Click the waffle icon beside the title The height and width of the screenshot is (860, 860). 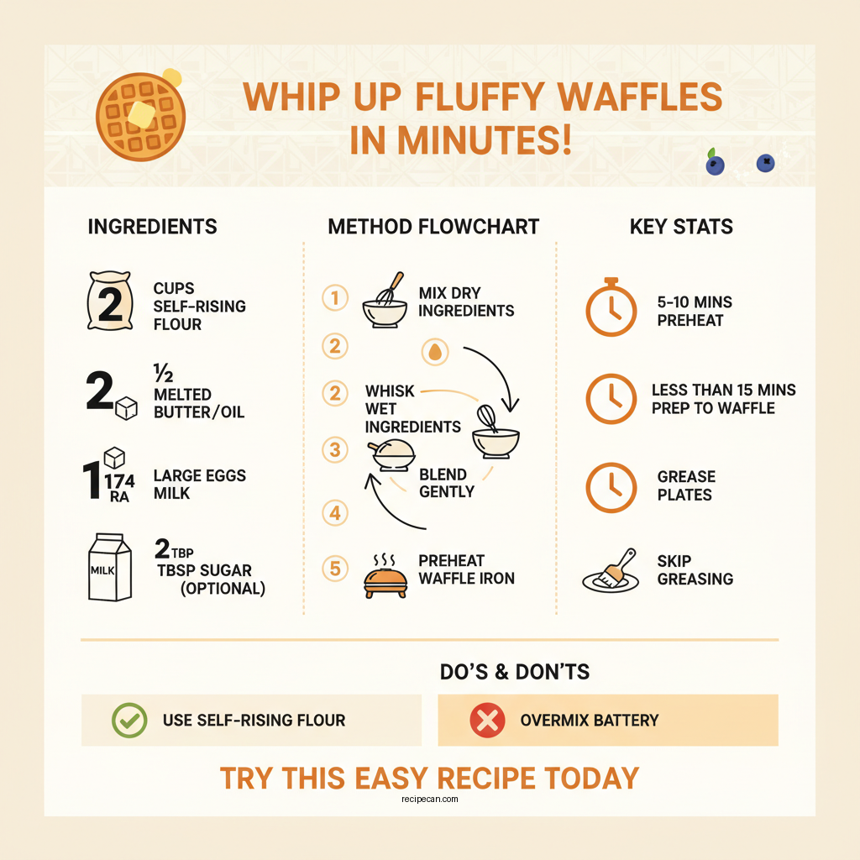(x=139, y=118)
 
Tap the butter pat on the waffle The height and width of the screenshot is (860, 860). (x=142, y=113)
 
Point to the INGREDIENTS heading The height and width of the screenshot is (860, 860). (x=152, y=227)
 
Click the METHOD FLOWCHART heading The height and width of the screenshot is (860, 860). (x=433, y=227)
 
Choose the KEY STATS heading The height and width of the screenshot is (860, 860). (x=681, y=227)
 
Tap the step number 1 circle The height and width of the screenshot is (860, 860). (x=335, y=298)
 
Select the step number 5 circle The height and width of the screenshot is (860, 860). (x=335, y=569)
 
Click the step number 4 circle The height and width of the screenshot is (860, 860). (x=335, y=512)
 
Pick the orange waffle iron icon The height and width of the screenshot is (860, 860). (x=385, y=579)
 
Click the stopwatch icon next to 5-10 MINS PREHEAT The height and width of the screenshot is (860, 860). (x=611, y=308)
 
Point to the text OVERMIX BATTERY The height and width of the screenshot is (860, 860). (x=590, y=720)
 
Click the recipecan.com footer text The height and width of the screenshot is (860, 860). (x=430, y=800)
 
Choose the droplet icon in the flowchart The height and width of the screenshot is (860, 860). (x=434, y=353)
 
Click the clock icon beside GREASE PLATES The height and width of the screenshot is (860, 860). (x=611, y=486)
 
